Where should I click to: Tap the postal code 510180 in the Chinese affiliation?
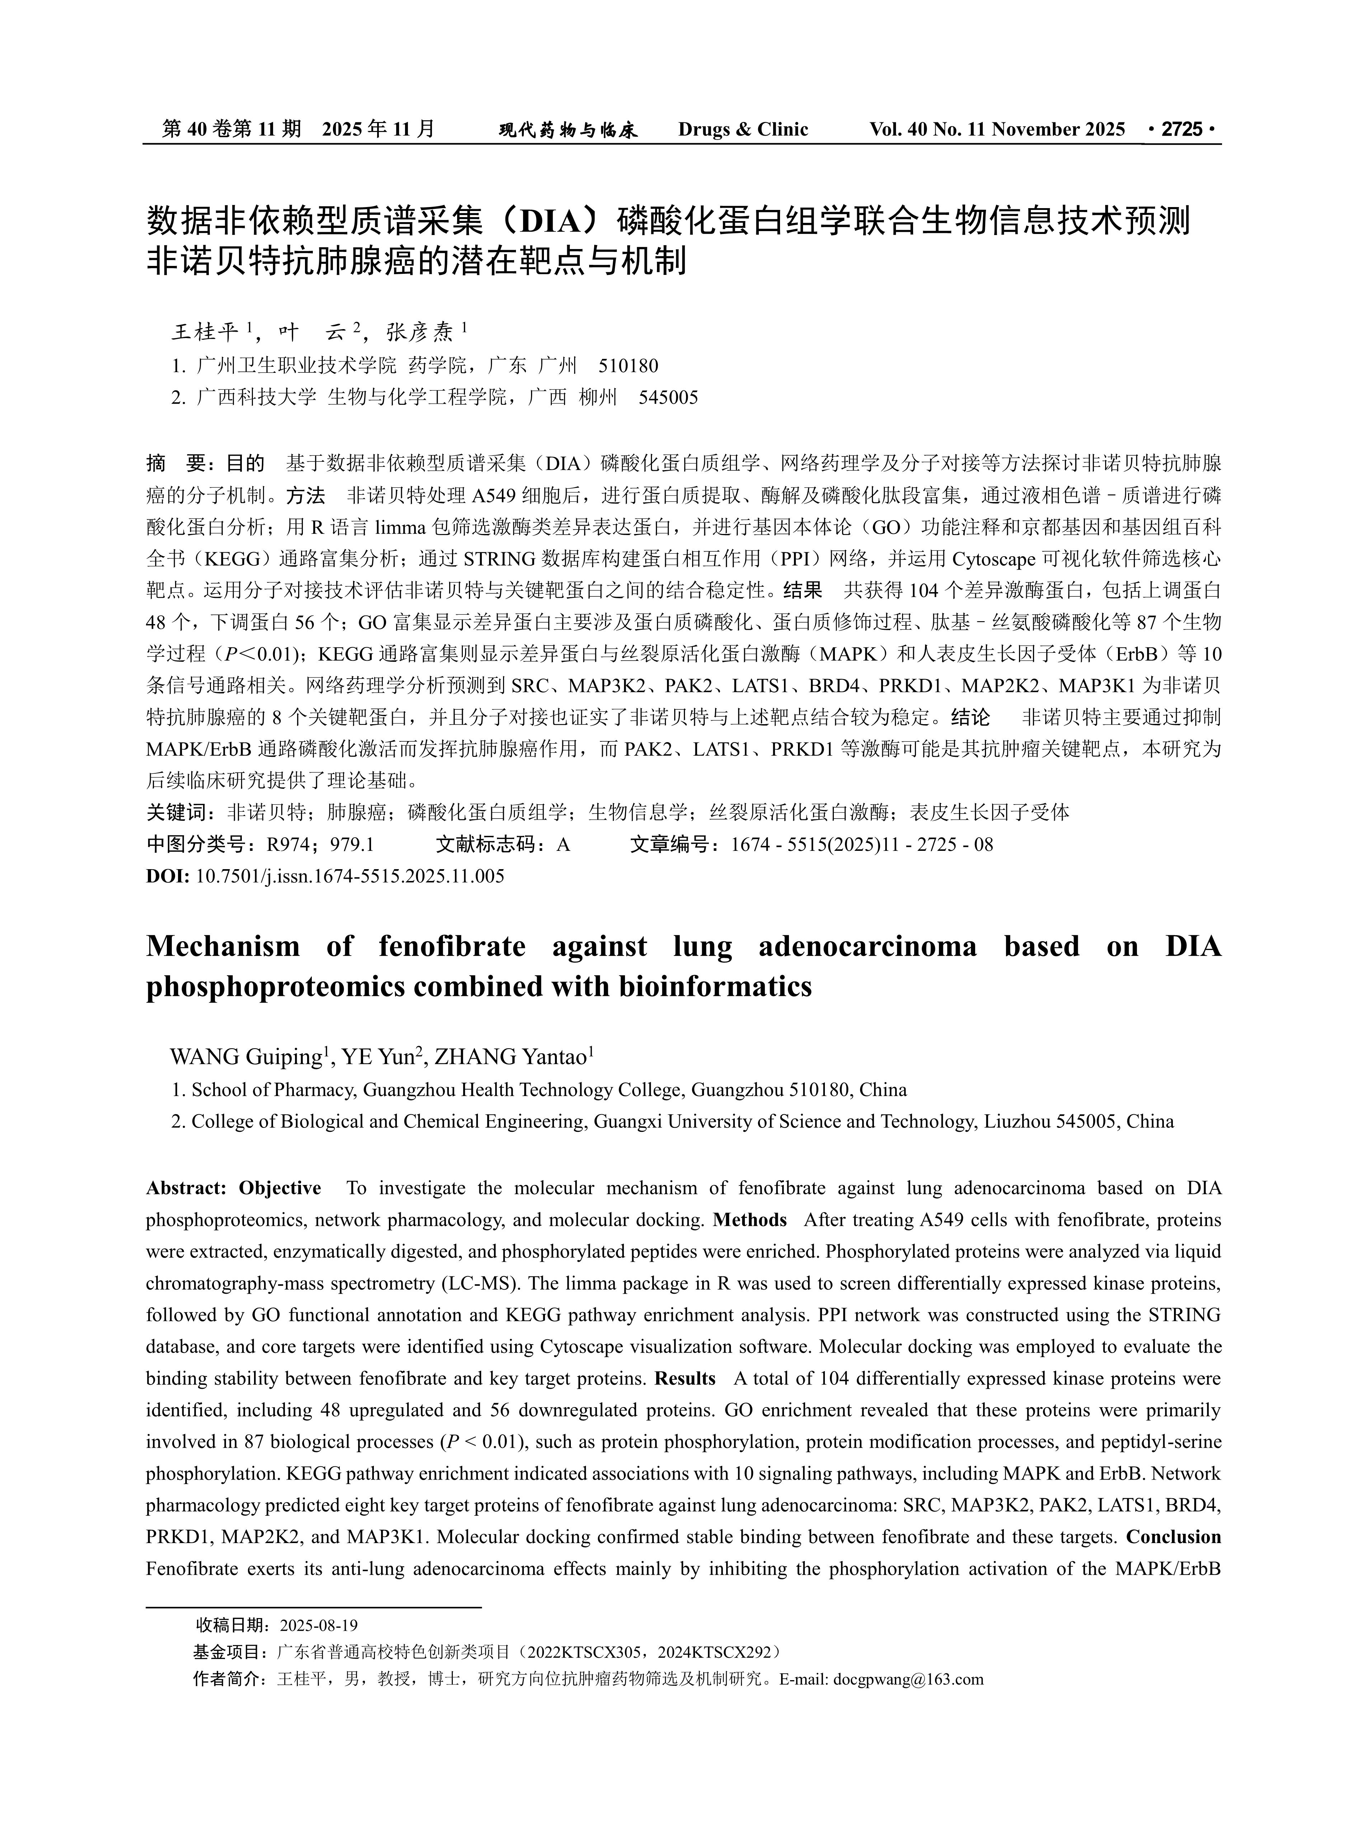point(627,366)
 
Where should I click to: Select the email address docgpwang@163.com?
point(908,1679)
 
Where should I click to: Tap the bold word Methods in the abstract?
point(750,1220)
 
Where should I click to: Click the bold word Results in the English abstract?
point(684,1379)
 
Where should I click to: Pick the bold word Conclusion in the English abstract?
point(1173,1537)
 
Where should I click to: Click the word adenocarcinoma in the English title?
point(867,946)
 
